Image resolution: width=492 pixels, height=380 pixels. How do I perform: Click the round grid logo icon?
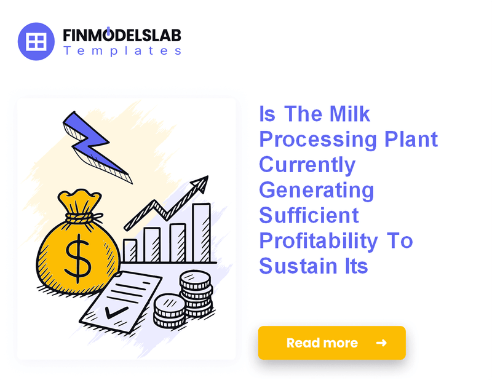click(x=37, y=41)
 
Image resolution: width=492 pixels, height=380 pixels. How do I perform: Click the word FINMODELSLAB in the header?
click(x=122, y=35)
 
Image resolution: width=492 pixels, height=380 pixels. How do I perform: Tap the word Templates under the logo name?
click(x=122, y=51)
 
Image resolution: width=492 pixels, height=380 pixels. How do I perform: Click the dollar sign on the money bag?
click(x=79, y=258)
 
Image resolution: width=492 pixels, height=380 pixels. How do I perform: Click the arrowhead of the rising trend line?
click(x=200, y=183)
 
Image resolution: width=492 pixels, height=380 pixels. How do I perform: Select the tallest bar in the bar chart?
click(x=201, y=232)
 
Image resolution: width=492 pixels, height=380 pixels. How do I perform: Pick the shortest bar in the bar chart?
click(x=130, y=251)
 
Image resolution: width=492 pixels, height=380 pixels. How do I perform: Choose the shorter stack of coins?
click(x=169, y=311)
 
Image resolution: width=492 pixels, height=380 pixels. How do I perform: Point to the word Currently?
click(x=307, y=165)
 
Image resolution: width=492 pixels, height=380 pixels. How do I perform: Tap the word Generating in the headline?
click(x=316, y=191)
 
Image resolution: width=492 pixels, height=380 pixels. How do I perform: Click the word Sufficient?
click(x=309, y=216)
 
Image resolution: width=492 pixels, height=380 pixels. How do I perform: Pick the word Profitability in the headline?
click(x=319, y=241)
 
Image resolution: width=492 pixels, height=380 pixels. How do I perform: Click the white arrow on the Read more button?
click(x=381, y=343)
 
